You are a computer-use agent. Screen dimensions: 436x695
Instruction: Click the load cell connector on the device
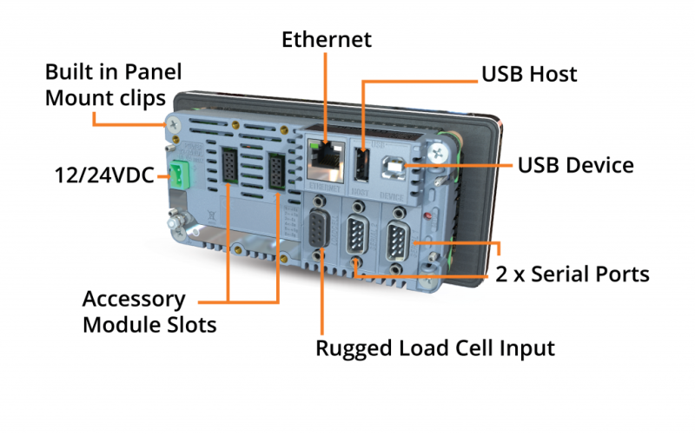(x=321, y=232)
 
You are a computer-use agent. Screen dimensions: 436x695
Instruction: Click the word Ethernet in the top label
(x=326, y=39)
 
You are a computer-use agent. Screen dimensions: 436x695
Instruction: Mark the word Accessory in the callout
(x=133, y=300)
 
